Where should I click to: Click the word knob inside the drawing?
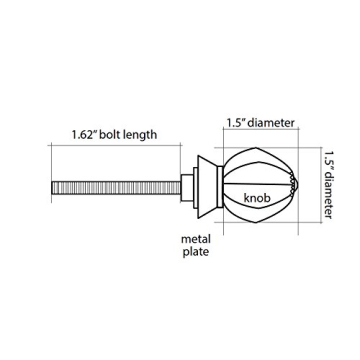coord(257,198)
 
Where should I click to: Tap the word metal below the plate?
coord(196,239)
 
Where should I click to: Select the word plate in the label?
coord(196,252)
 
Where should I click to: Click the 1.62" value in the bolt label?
coord(83,135)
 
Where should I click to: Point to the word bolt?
coord(110,135)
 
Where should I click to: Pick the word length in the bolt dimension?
coord(140,135)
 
